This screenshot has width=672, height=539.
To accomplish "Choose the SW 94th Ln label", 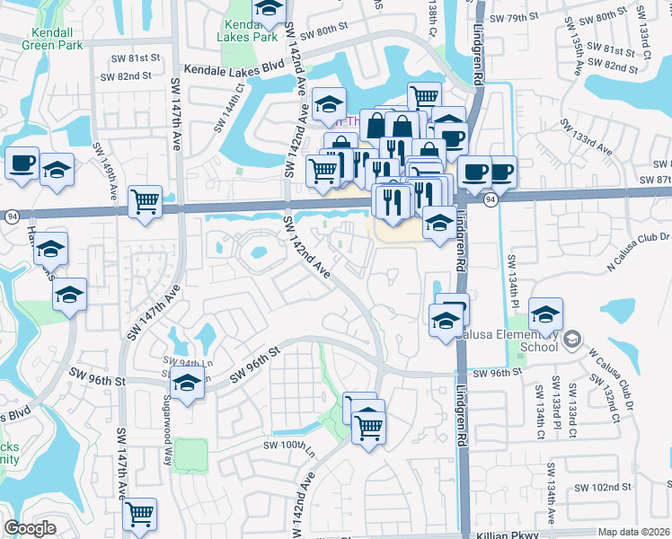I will click(177, 362).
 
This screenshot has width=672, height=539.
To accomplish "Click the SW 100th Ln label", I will click(288, 445).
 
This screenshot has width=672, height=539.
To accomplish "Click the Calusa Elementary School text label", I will click(513, 340).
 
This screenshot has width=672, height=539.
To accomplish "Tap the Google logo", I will click(31, 528).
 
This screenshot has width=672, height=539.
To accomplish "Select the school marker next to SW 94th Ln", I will click(186, 384).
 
